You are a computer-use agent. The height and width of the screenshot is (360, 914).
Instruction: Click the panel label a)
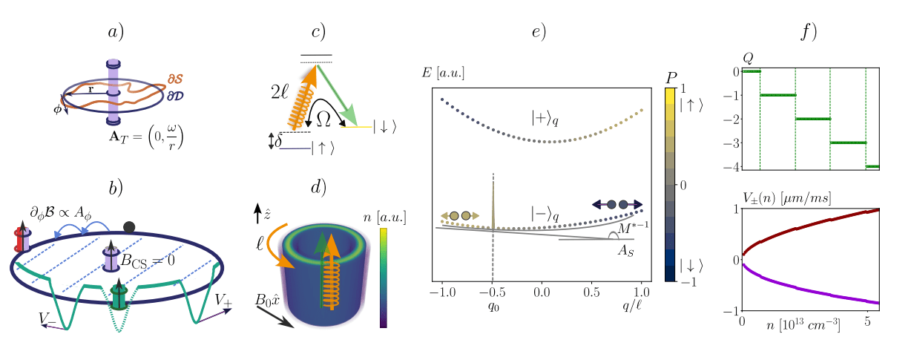[116, 33]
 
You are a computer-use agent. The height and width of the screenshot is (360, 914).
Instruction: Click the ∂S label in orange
[177, 77]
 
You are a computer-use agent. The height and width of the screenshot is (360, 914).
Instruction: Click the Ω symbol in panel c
[324, 119]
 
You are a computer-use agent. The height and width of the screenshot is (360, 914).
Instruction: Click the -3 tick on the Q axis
[734, 143]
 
